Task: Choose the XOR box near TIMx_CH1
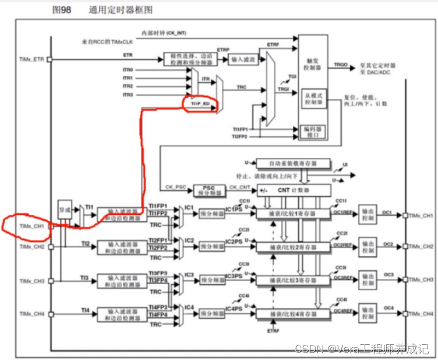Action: [x=63, y=209]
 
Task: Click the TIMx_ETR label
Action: [x=32, y=59]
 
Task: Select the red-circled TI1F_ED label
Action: [x=200, y=104]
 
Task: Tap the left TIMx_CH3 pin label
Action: [x=32, y=281]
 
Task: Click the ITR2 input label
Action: [x=128, y=86]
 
